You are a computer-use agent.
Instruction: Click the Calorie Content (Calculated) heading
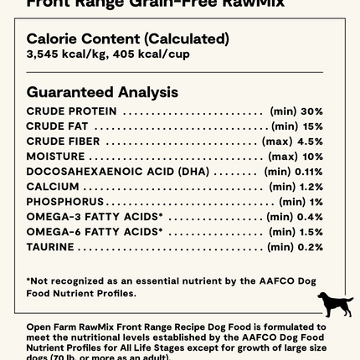(127, 39)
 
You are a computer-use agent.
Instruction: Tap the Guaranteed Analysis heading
(102, 92)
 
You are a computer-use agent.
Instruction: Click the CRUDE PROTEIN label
(71, 111)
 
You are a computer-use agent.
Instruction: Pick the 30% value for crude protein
(311, 111)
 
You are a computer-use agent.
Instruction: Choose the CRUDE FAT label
(57, 126)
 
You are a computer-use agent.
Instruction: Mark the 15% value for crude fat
(312, 126)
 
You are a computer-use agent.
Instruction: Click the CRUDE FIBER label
(63, 141)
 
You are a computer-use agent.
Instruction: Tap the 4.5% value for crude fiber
(310, 141)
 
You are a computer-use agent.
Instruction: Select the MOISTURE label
(55, 157)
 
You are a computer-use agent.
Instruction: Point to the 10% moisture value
(312, 157)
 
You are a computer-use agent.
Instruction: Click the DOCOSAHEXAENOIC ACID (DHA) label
(117, 172)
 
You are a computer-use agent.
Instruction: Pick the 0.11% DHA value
(308, 172)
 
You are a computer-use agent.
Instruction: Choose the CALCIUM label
(53, 187)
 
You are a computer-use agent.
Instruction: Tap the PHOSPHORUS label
(65, 202)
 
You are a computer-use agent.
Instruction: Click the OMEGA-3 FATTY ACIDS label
(94, 217)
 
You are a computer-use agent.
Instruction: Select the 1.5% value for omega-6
(311, 232)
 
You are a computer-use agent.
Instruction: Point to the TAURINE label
(50, 247)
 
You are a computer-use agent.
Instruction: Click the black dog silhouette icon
(335, 304)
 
